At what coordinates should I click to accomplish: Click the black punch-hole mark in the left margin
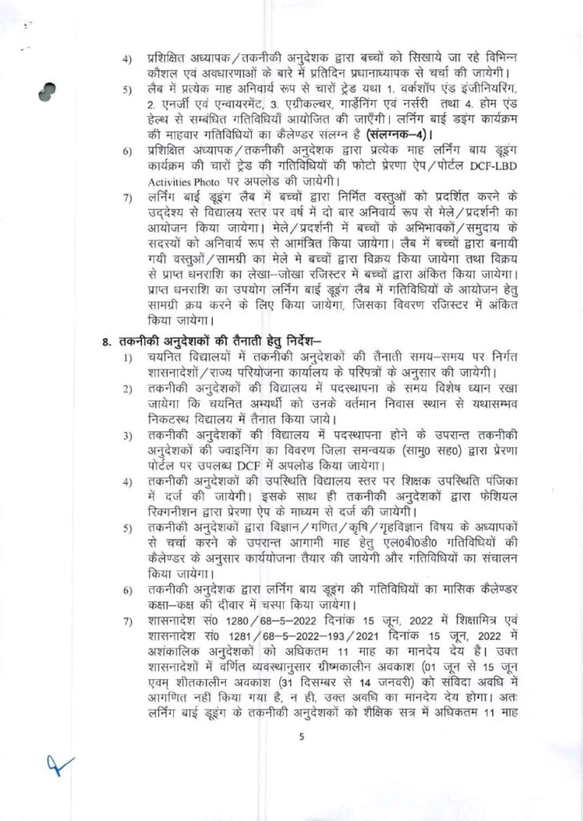click(x=48, y=93)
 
